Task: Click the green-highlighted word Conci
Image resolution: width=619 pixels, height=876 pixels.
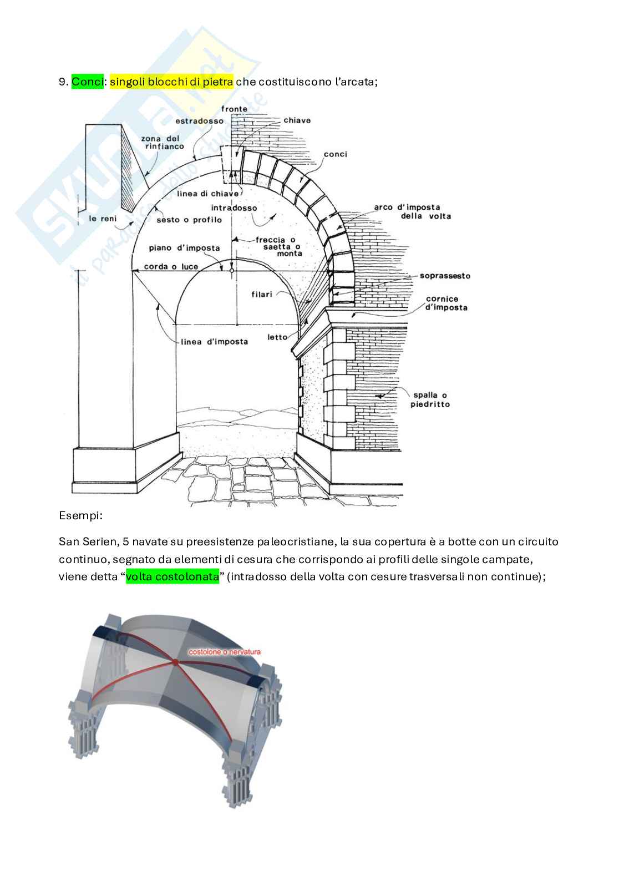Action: [87, 82]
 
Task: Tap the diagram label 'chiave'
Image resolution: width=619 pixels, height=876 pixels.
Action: [297, 120]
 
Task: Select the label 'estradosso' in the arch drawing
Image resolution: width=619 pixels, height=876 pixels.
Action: [199, 121]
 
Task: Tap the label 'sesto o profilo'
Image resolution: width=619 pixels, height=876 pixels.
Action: [189, 220]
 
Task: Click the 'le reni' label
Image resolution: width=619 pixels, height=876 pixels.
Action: [103, 219]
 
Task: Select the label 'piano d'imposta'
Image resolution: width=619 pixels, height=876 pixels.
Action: [184, 248]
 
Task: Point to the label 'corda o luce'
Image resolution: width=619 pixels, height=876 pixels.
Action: [171, 267]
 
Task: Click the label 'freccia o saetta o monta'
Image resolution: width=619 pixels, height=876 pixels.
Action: [282, 246]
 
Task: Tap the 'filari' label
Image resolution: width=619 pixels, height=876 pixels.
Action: [261, 294]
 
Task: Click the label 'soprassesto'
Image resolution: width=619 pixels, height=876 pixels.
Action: [445, 276]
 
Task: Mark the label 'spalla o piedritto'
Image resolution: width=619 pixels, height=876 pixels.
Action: [430, 399]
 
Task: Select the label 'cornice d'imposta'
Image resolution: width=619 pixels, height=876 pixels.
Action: [446, 303]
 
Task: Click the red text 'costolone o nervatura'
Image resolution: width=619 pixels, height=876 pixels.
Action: [224, 652]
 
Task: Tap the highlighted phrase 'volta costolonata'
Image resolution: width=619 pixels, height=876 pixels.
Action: [172, 576]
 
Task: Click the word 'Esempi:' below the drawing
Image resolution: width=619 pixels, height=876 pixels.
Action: [80, 516]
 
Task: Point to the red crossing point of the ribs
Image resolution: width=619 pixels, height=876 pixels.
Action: [175, 662]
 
